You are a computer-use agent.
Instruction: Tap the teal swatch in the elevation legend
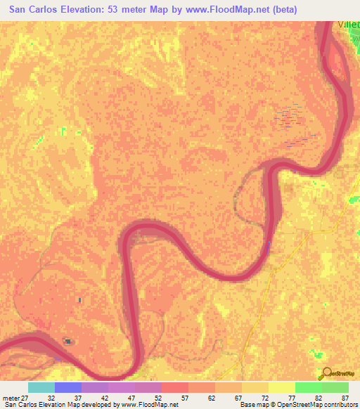pos(41,387)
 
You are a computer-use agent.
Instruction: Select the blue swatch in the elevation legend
pos(68,387)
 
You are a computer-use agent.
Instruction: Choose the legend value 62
pos(207,397)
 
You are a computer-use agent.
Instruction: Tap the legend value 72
pos(263,397)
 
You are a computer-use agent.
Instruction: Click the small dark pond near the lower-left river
pos(68,342)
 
